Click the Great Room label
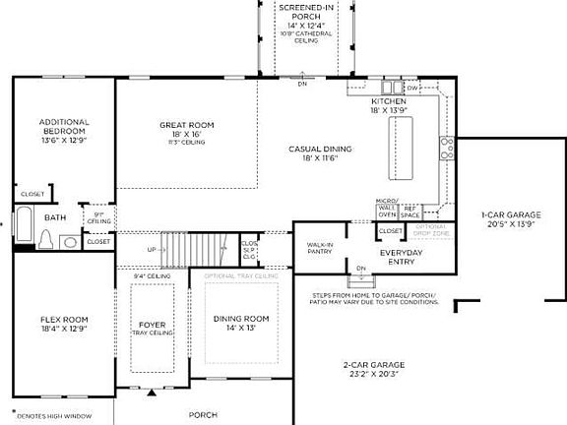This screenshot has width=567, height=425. (187, 125)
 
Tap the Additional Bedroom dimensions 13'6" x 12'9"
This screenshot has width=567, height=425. (63, 141)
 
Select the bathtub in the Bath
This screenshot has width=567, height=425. (24, 228)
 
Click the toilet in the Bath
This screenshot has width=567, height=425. (45, 239)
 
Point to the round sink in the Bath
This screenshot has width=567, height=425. (69, 242)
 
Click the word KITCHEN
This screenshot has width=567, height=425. (389, 101)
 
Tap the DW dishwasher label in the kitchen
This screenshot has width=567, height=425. (413, 89)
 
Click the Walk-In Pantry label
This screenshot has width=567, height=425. (319, 247)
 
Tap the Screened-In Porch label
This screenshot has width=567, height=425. (304, 12)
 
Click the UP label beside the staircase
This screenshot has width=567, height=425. (151, 249)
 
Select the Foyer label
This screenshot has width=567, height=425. (152, 324)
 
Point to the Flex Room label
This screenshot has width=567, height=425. (63, 320)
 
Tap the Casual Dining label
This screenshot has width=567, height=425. (320, 150)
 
